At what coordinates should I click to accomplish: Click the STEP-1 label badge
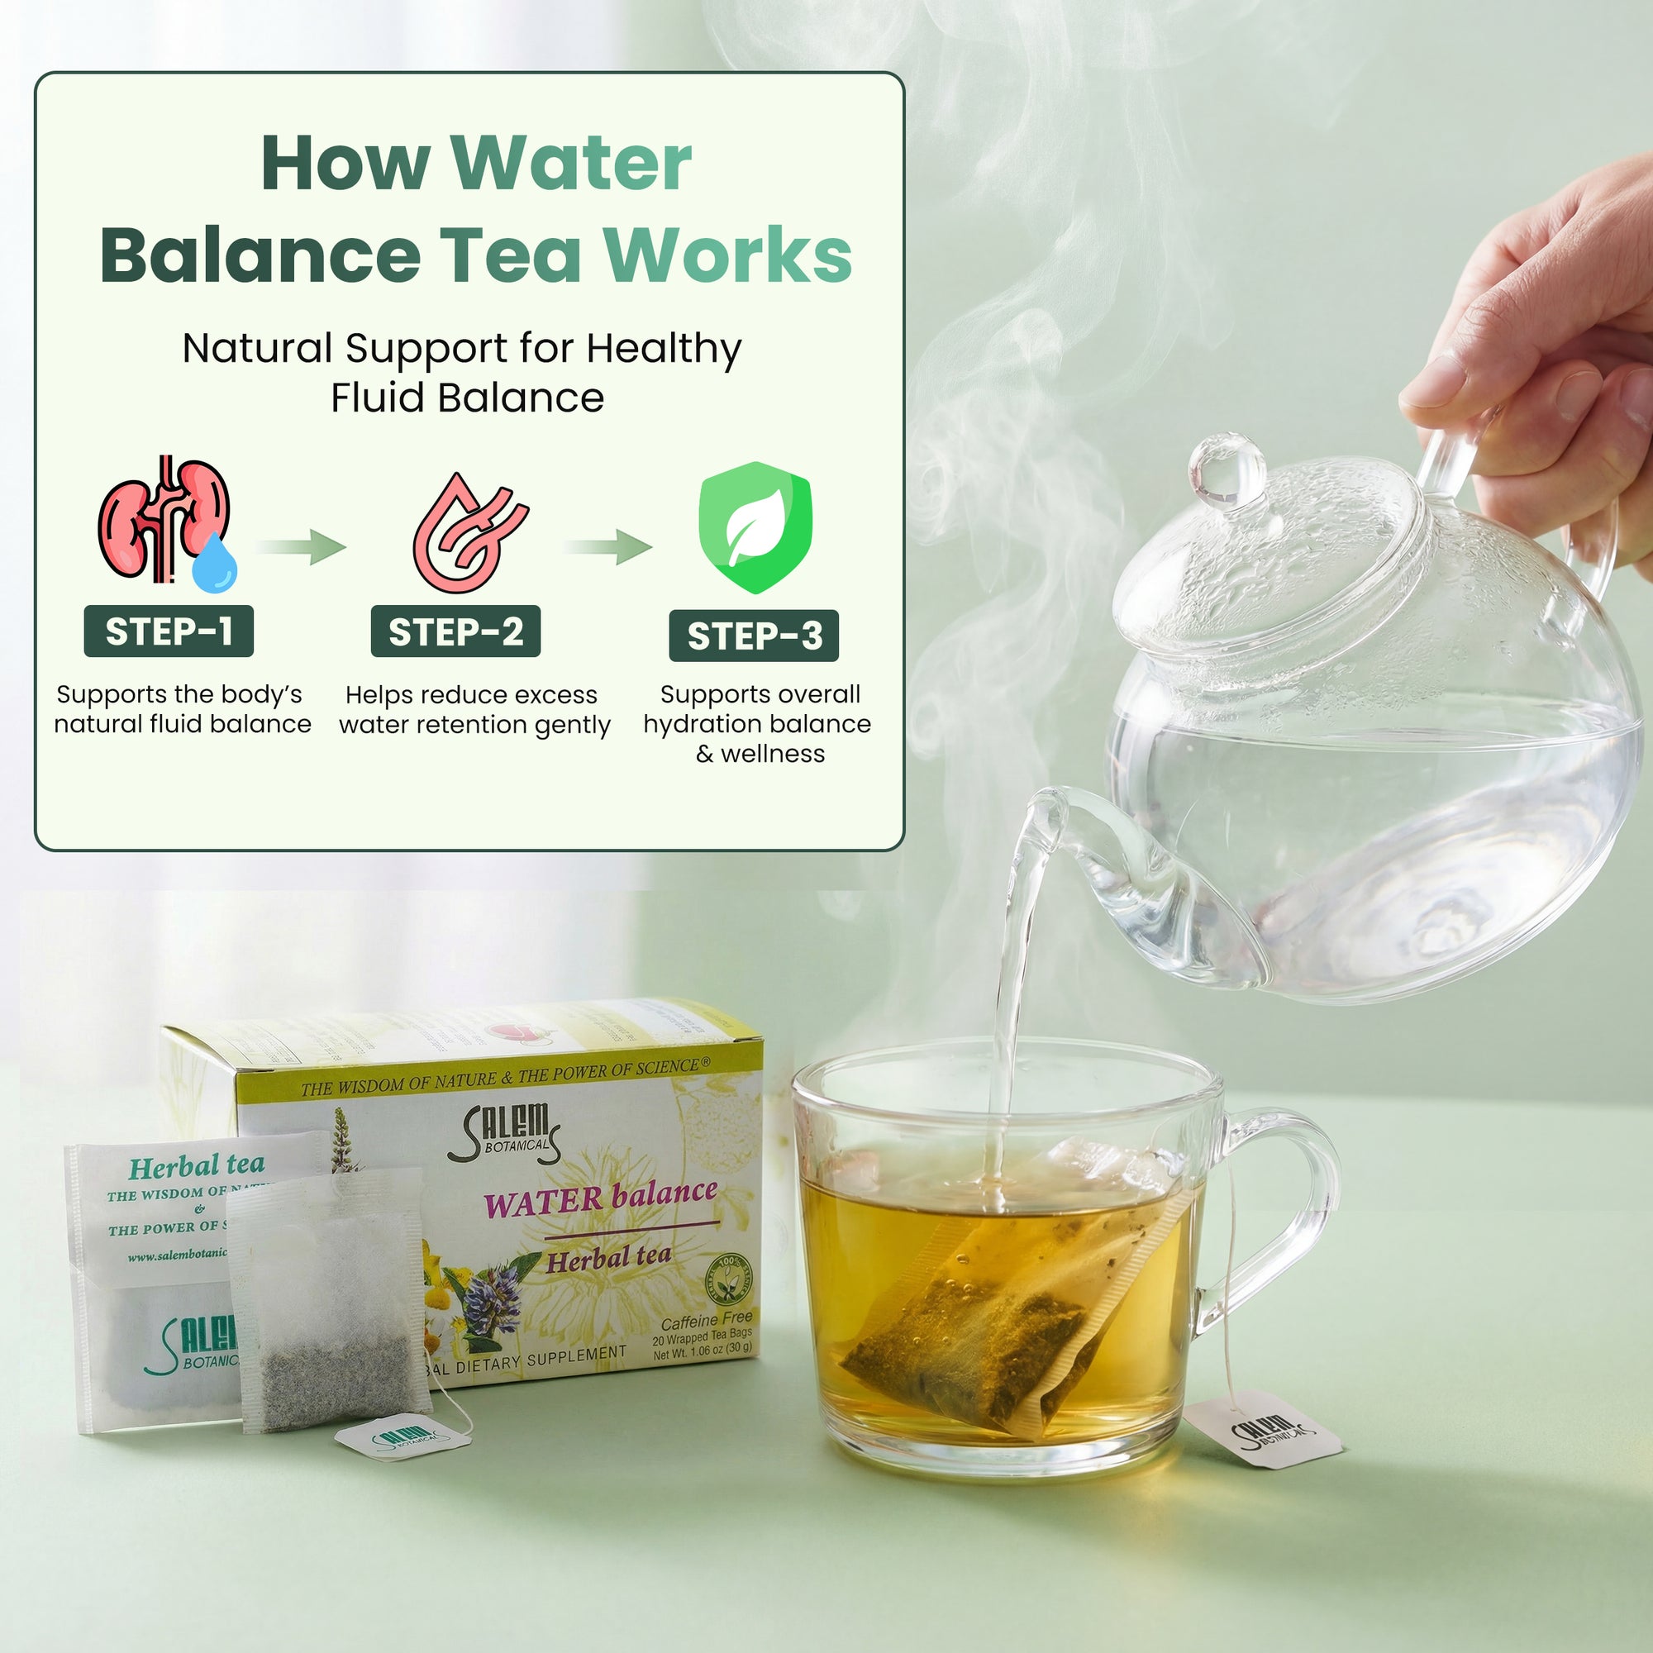coord(169,631)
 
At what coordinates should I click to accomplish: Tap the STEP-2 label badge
coord(455,631)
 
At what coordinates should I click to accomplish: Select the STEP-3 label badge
coord(754,636)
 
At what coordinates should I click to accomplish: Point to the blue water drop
coord(214,561)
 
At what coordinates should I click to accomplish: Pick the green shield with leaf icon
coord(755,527)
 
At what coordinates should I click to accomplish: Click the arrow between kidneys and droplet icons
coord(301,546)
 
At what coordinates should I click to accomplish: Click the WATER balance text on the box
coord(600,1198)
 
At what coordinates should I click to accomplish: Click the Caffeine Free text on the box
coord(706,1321)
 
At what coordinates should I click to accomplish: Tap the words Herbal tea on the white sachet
coord(196,1166)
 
